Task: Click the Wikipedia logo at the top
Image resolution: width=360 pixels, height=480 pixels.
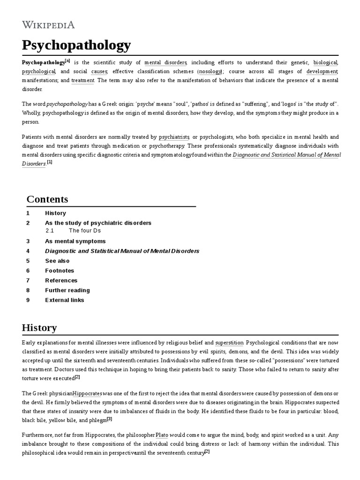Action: pos(48,25)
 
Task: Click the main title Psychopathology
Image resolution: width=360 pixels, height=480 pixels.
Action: pos(76,45)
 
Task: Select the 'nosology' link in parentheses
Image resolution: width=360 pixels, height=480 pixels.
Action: pos(210,71)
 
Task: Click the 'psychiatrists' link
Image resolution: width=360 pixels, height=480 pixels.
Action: pos(174,137)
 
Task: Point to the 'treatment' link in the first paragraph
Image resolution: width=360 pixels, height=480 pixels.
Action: pos(83,81)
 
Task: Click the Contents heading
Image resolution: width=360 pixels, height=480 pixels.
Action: pos(47,199)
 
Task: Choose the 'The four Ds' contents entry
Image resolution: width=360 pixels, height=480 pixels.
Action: pos(84,231)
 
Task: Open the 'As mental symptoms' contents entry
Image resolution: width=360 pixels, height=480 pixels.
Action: pos(75,241)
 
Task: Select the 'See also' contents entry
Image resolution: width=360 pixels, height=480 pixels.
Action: pos(57,261)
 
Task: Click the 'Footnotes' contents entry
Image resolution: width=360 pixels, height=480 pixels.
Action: pos(60,270)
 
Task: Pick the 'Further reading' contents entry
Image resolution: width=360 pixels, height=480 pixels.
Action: pos(67,290)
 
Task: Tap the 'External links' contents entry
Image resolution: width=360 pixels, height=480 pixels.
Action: pos(65,300)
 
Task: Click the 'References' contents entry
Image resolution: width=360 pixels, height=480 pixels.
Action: pos(61,280)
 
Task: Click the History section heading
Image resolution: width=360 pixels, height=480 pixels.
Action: pos(39,328)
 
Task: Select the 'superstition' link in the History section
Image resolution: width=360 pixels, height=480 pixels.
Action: pos(229,343)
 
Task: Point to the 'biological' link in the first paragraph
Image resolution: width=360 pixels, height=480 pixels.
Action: pos(325,62)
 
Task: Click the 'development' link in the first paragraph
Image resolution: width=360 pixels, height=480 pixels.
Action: pos(322,71)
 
